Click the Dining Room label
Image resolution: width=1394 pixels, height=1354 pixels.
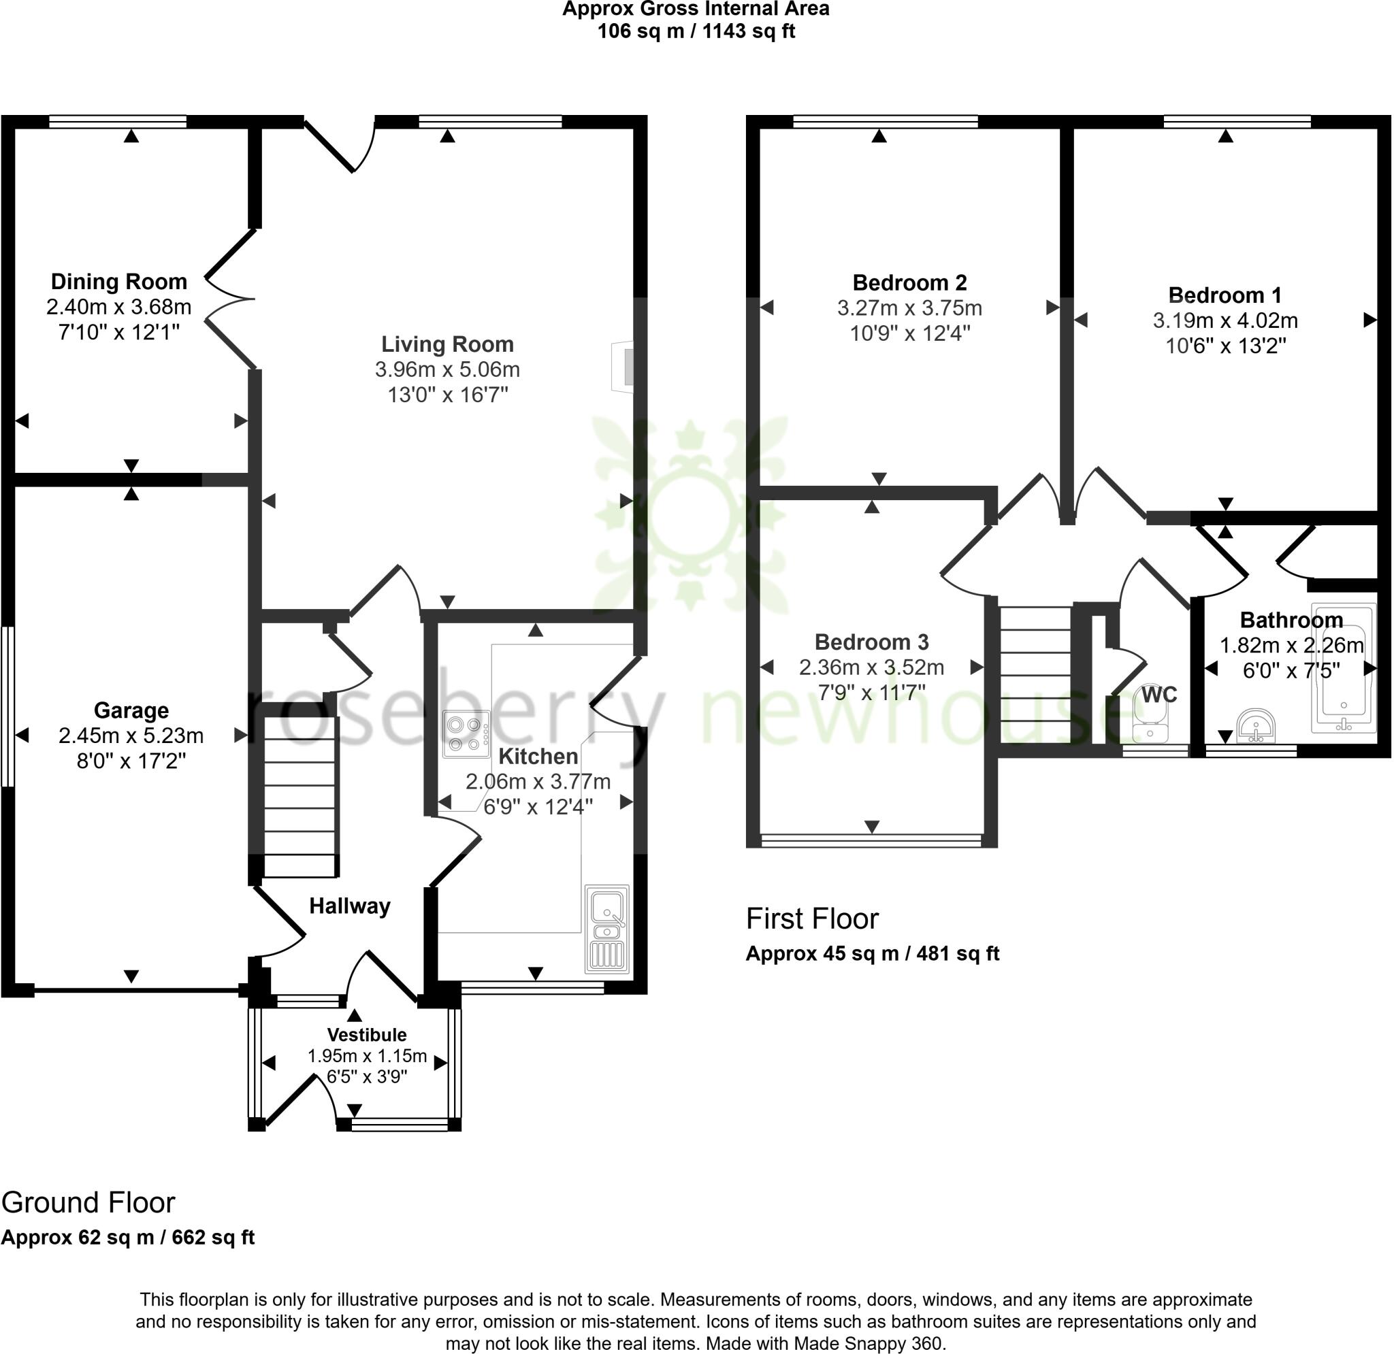118,282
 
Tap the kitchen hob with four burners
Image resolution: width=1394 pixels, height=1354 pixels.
466,735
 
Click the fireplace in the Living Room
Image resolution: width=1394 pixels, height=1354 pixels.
623,367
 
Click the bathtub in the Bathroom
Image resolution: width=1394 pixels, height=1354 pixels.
1343,668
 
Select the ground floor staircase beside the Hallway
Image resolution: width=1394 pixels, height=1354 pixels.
299,797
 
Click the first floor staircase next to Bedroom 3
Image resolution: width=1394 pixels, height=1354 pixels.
1035,674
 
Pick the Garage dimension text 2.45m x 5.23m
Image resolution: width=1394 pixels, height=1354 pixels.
131,736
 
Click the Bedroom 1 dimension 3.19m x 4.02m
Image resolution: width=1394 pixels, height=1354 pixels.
1225,320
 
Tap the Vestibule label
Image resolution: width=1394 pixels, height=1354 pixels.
367,1035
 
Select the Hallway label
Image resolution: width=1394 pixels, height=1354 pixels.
349,906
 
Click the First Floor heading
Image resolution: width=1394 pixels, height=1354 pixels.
811,919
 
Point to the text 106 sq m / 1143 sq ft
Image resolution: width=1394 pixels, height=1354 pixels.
696,31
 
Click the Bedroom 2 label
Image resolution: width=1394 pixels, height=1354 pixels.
909,283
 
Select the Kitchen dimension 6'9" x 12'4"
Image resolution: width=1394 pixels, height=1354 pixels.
538,807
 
